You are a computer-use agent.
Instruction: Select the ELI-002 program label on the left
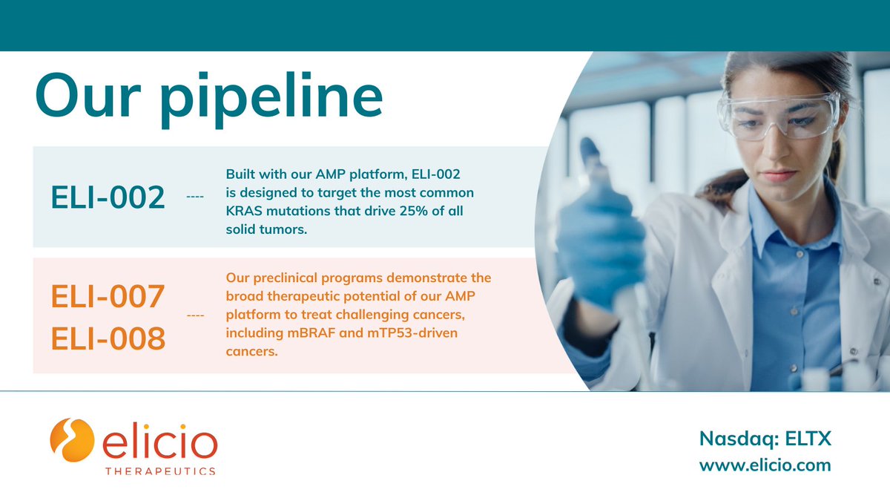point(108,197)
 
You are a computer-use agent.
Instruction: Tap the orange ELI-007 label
point(108,298)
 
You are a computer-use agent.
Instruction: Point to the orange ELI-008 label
point(108,338)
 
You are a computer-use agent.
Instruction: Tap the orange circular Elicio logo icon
point(72,440)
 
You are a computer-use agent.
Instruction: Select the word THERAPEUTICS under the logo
point(159,471)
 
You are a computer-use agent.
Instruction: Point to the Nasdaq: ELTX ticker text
point(765,439)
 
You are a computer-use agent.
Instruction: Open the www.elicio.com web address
point(765,465)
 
